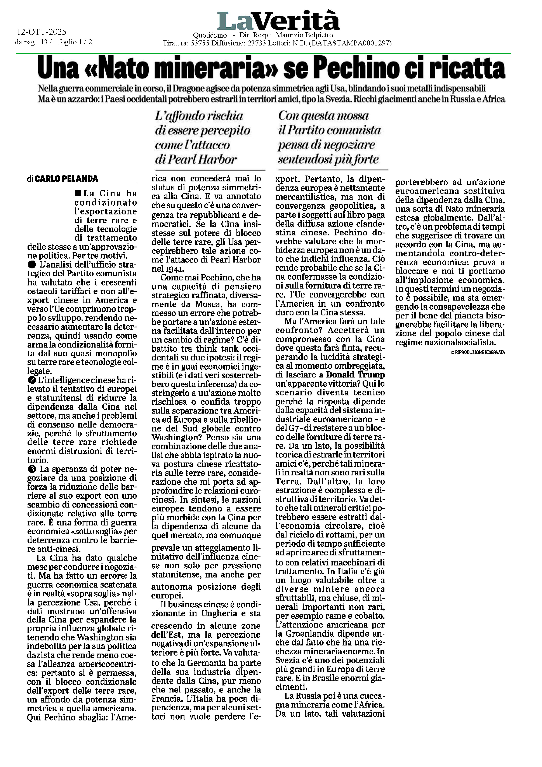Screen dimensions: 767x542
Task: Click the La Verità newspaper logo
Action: pos(278,21)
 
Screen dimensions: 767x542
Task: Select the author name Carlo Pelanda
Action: pos(66,179)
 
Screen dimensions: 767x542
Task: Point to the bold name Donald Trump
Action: pos(355,375)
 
